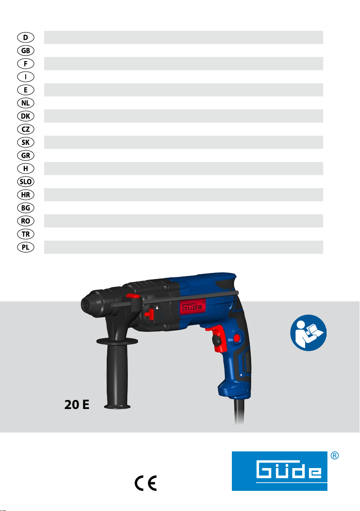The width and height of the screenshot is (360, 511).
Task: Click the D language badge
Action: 25,37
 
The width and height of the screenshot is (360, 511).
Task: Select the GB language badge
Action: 25,51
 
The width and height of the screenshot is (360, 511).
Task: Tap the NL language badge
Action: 25,103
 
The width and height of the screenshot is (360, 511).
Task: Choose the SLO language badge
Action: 25,181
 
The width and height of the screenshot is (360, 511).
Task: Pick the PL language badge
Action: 25,247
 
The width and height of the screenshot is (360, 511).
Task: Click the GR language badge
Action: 25,156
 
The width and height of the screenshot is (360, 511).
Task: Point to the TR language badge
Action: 25,234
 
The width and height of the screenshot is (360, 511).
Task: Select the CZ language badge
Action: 25,129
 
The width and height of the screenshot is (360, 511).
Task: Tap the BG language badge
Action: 25,208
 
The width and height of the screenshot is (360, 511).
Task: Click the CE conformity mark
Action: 146,483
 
